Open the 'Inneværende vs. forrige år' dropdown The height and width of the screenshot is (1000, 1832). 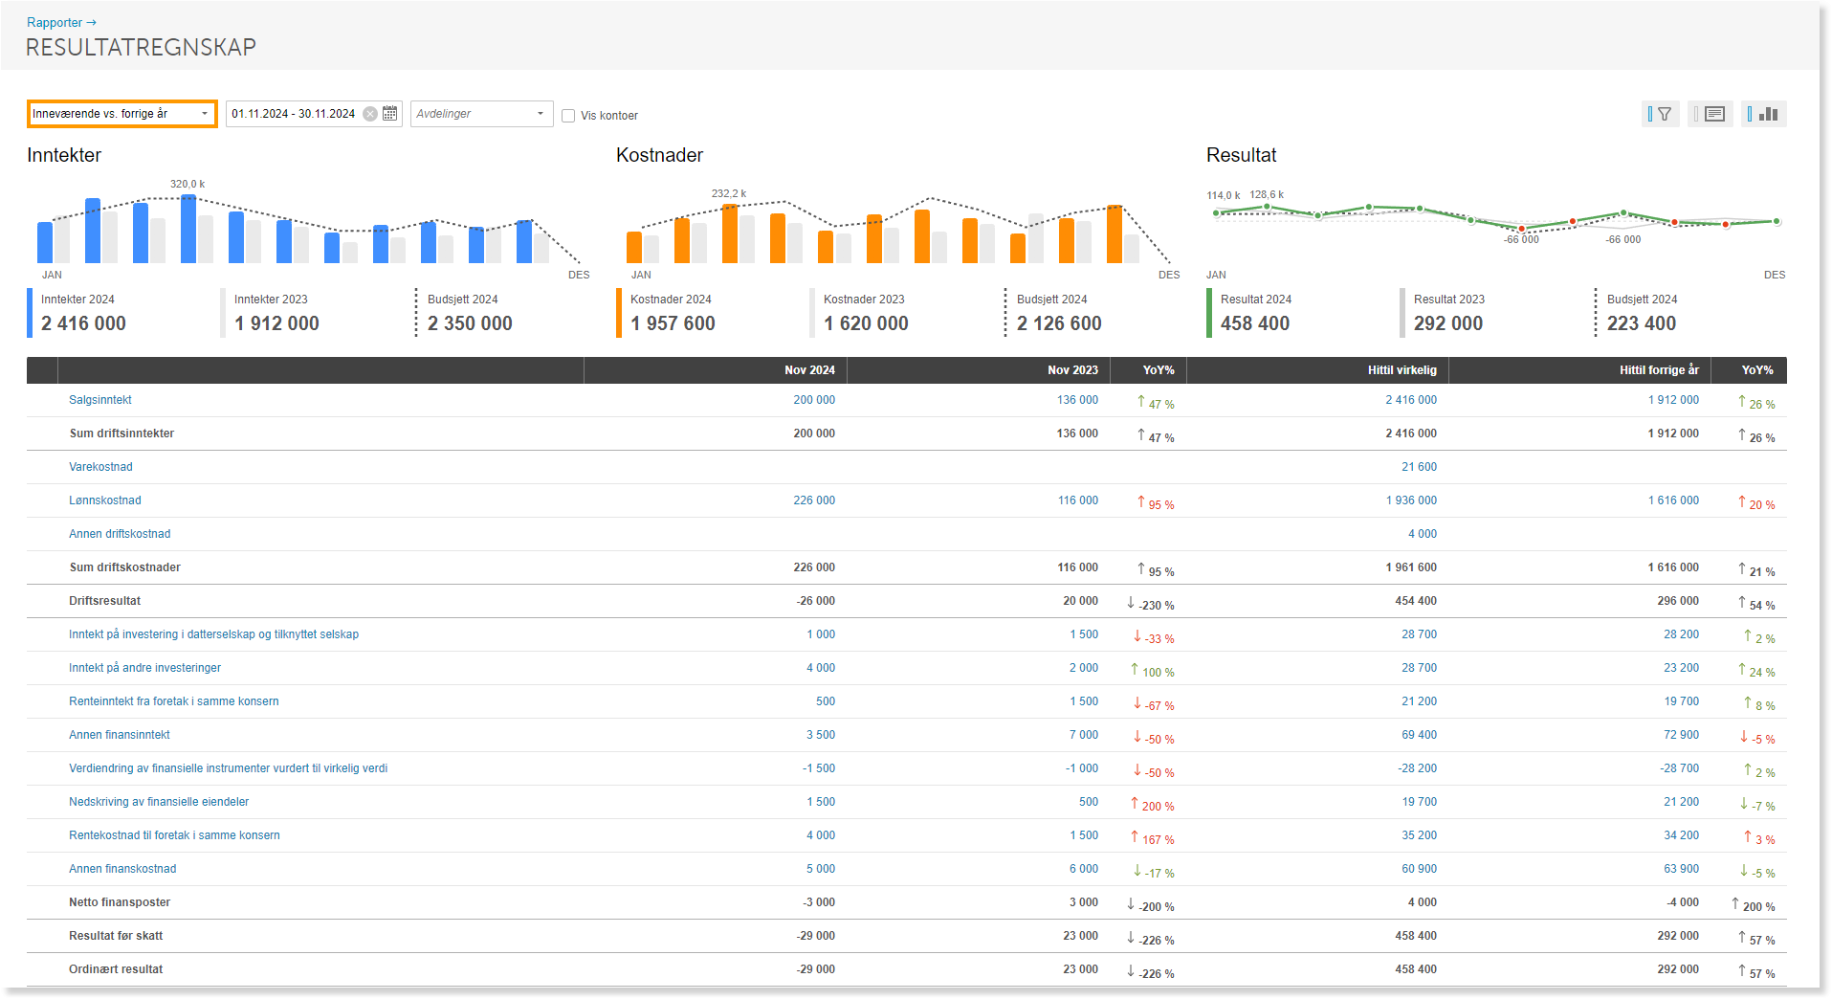tap(121, 114)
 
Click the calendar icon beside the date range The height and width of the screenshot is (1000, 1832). tap(390, 114)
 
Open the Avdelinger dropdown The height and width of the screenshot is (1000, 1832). tap(481, 114)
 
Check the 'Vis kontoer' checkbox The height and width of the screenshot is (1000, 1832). tap(568, 116)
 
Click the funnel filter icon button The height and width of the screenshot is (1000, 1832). tap(1661, 114)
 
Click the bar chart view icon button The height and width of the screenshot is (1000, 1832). tap(1764, 114)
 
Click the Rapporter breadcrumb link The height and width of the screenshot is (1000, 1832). tap(55, 23)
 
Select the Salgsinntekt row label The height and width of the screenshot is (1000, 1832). tap(100, 400)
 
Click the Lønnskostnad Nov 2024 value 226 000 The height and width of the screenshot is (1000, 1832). tap(814, 500)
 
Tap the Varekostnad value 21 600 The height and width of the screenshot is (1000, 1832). tap(1419, 467)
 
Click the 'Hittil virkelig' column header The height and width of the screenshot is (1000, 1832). tap(1402, 370)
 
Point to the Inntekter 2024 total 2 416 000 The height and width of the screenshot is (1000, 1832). tap(83, 323)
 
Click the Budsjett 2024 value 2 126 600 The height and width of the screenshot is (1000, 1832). tap(1059, 323)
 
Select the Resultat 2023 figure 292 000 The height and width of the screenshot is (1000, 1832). tap(1448, 323)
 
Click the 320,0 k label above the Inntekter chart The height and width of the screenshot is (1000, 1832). tap(188, 184)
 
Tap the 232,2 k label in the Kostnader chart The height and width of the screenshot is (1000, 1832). tap(729, 193)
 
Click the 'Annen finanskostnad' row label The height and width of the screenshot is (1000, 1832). tap(122, 869)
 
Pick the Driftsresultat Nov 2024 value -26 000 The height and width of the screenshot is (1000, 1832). tap(815, 601)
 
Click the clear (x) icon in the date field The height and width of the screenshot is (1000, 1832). tap(370, 114)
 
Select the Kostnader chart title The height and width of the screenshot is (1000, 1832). tap(659, 155)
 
